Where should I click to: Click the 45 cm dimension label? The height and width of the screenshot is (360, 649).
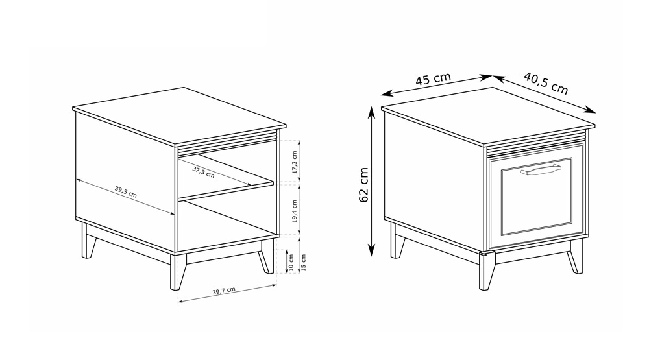point(433,78)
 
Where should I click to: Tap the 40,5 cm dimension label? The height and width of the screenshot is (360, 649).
point(546,83)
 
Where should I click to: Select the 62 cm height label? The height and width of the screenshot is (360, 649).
point(364,185)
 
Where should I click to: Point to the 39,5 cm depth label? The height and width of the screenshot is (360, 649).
point(126,191)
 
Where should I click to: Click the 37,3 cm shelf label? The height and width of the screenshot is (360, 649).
point(203,172)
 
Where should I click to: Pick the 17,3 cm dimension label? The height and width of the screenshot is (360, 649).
point(295,162)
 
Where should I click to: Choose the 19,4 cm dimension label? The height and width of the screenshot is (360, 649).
point(295,211)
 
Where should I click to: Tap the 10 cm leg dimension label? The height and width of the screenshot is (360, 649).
point(291,263)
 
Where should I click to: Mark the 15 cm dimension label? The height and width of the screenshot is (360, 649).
point(303,263)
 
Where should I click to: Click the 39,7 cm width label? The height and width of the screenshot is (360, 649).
point(224,291)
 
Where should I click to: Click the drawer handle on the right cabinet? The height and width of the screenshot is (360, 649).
point(541,170)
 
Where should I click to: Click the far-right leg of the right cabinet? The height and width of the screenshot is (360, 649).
point(575,257)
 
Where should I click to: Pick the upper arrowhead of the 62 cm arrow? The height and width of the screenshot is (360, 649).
point(372,111)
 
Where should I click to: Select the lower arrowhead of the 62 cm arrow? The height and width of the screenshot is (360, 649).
point(372,250)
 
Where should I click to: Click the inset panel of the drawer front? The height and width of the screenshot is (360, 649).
point(537,197)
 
